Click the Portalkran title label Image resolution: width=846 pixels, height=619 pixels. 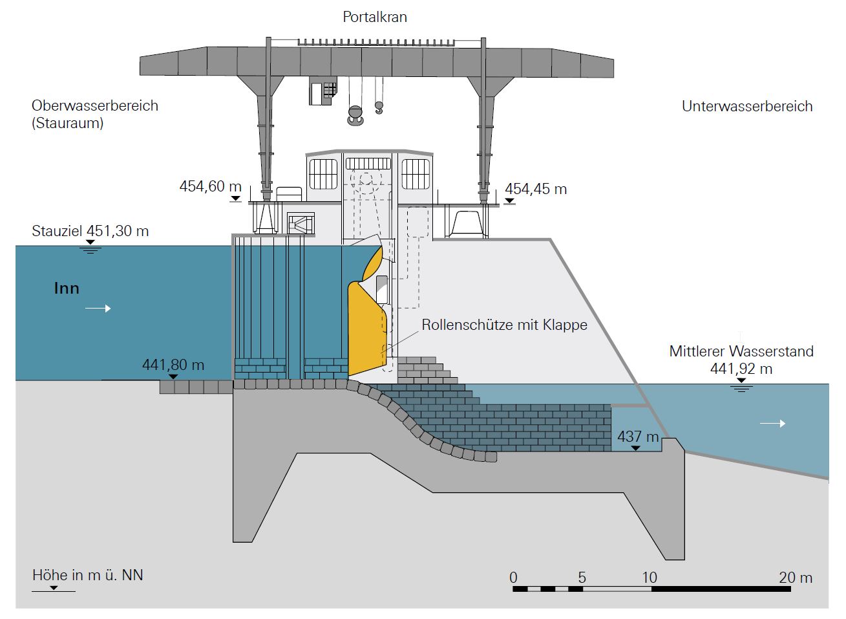[375, 17]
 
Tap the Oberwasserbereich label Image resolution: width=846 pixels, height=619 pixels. [94, 105]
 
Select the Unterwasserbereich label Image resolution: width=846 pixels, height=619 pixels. [747, 106]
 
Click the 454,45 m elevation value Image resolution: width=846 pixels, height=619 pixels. [536, 189]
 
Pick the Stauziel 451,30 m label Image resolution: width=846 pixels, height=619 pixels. [90, 231]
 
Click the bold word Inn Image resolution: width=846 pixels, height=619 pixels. [67, 288]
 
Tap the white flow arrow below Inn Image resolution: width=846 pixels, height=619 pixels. [98, 309]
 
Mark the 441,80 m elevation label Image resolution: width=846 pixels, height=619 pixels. [173, 365]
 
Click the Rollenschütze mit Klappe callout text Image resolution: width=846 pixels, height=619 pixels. [504, 324]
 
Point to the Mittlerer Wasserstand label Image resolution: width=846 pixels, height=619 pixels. [741, 351]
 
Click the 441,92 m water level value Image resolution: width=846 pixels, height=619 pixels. [741, 369]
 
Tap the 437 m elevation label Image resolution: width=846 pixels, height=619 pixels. [637, 436]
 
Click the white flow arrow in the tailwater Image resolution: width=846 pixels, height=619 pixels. [773, 424]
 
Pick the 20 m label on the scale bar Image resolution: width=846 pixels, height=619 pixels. [795, 577]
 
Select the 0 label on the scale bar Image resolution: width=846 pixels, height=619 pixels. [513, 577]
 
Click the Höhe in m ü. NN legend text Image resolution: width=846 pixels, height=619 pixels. [88, 574]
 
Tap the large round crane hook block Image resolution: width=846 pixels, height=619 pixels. [355, 115]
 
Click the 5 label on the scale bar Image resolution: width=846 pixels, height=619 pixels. [582, 577]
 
